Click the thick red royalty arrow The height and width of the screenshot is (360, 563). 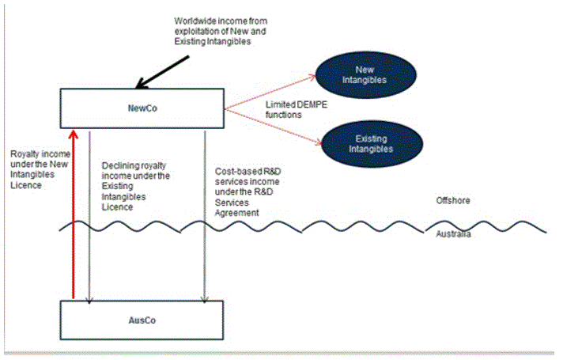click(73, 214)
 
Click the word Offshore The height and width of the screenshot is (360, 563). click(454, 201)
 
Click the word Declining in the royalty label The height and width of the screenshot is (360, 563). click(121, 166)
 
